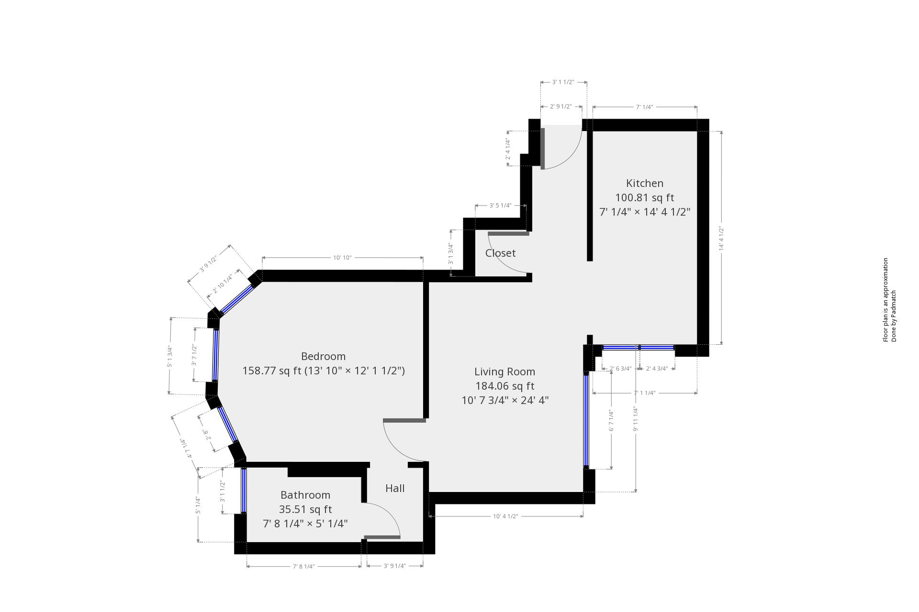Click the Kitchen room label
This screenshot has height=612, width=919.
[x=644, y=183]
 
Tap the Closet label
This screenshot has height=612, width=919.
[x=500, y=253]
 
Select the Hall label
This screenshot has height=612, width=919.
[x=395, y=488]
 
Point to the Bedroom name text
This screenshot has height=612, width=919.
[x=323, y=356]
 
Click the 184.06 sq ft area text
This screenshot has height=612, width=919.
[x=504, y=386]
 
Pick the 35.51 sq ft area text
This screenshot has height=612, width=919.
[x=305, y=509]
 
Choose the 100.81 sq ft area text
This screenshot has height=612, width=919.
[x=644, y=197]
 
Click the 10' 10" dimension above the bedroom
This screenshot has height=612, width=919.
[x=342, y=258]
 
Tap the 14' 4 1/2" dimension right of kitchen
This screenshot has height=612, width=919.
[x=721, y=239]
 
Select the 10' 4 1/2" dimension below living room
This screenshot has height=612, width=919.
[x=505, y=516]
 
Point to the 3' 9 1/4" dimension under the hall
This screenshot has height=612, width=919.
[x=394, y=566]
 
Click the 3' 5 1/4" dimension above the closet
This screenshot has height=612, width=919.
[x=500, y=206]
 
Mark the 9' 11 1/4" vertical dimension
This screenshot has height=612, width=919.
[x=635, y=419]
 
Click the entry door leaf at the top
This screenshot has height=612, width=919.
[x=542, y=148]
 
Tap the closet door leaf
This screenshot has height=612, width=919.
[x=508, y=234]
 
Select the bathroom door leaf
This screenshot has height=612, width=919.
[x=382, y=537]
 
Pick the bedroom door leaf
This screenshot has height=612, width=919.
[x=404, y=421]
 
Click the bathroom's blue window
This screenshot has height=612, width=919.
[x=244, y=490]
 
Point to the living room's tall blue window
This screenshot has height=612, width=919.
[x=586, y=420]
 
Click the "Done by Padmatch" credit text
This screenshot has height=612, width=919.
[x=893, y=316]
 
